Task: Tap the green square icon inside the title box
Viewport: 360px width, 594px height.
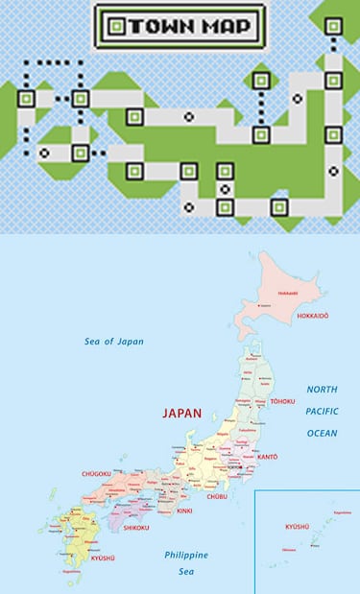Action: coord(116,25)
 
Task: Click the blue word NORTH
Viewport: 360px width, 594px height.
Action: coord(323,390)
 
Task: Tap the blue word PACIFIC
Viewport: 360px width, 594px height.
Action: coord(323,411)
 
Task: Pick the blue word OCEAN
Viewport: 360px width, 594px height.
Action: coord(323,433)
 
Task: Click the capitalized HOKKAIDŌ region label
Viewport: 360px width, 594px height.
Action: coord(313,315)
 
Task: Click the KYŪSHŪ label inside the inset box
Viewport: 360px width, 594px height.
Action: coord(297,527)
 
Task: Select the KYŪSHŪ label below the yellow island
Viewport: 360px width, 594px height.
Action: coord(102,558)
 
